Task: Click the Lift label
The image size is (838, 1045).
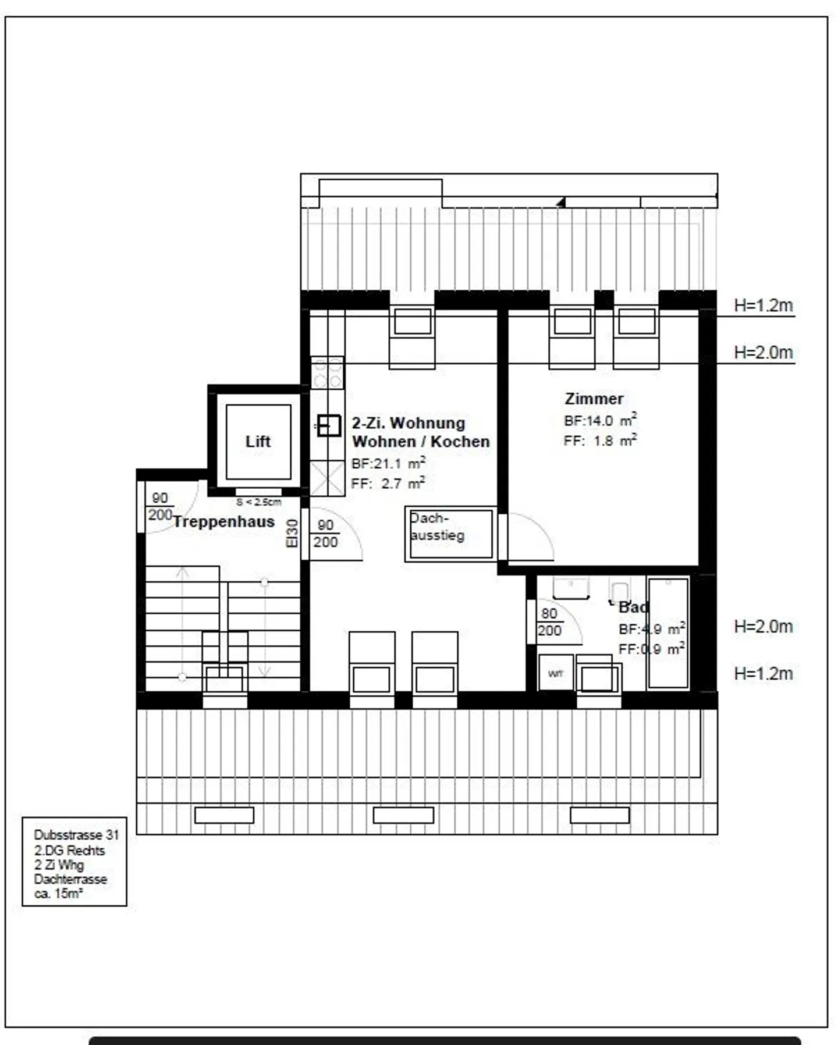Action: pyautogui.click(x=258, y=442)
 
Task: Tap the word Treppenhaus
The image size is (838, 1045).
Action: pyautogui.click(x=223, y=521)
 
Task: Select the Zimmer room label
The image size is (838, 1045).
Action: pyautogui.click(x=594, y=399)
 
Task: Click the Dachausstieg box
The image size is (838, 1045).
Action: pyautogui.click(x=450, y=534)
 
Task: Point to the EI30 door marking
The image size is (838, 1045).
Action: pyautogui.click(x=292, y=533)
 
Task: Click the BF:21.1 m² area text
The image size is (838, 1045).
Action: pyautogui.click(x=388, y=464)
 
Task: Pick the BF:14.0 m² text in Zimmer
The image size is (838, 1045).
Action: pyautogui.click(x=599, y=420)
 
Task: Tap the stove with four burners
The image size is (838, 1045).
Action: pyautogui.click(x=328, y=373)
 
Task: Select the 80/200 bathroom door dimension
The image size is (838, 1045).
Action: pyautogui.click(x=549, y=622)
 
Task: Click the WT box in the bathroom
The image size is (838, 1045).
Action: pyautogui.click(x=556, y=674)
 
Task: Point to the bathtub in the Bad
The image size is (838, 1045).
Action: pyautogui.click(x=668, y=633)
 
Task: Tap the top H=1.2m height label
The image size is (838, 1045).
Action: pyautogui.click(x=763, y=305)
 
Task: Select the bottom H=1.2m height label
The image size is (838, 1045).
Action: pyautogui.click(x=763, y=674)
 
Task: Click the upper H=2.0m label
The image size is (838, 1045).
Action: pyautogui.click(x=763, y=353)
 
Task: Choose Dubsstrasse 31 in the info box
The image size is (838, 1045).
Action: pyautogui.click(x=76, y=835)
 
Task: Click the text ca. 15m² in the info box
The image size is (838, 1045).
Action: pyautogui.click(x=58, y=894)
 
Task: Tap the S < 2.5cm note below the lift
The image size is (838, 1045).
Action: pyautogui.click(x=258, y=502)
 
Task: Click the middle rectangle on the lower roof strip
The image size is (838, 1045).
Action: pyautogui.click(x=403, y=815)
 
